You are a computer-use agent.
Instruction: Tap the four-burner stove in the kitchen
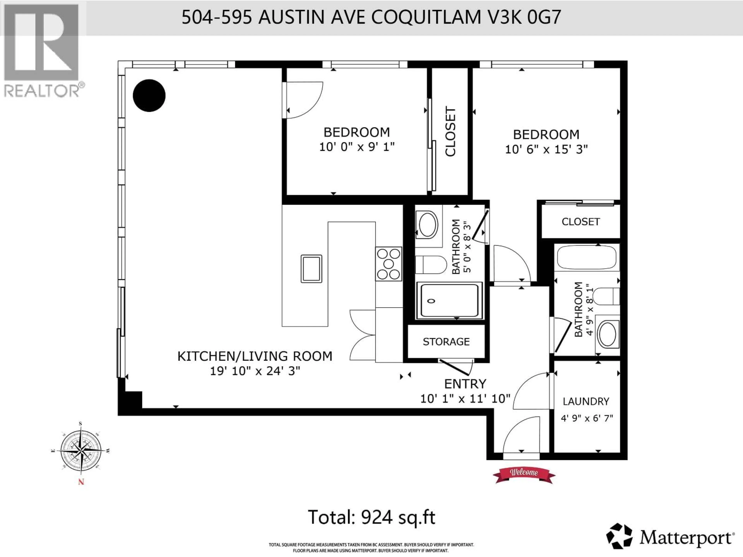coord(389,264)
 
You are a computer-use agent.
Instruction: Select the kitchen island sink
coord(311,269)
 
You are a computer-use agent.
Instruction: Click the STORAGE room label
coord(446,342)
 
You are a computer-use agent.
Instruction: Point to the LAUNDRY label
coord(586,401)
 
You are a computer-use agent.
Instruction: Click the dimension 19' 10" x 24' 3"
coord(255,371)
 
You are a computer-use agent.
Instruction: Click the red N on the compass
coord(81,482)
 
